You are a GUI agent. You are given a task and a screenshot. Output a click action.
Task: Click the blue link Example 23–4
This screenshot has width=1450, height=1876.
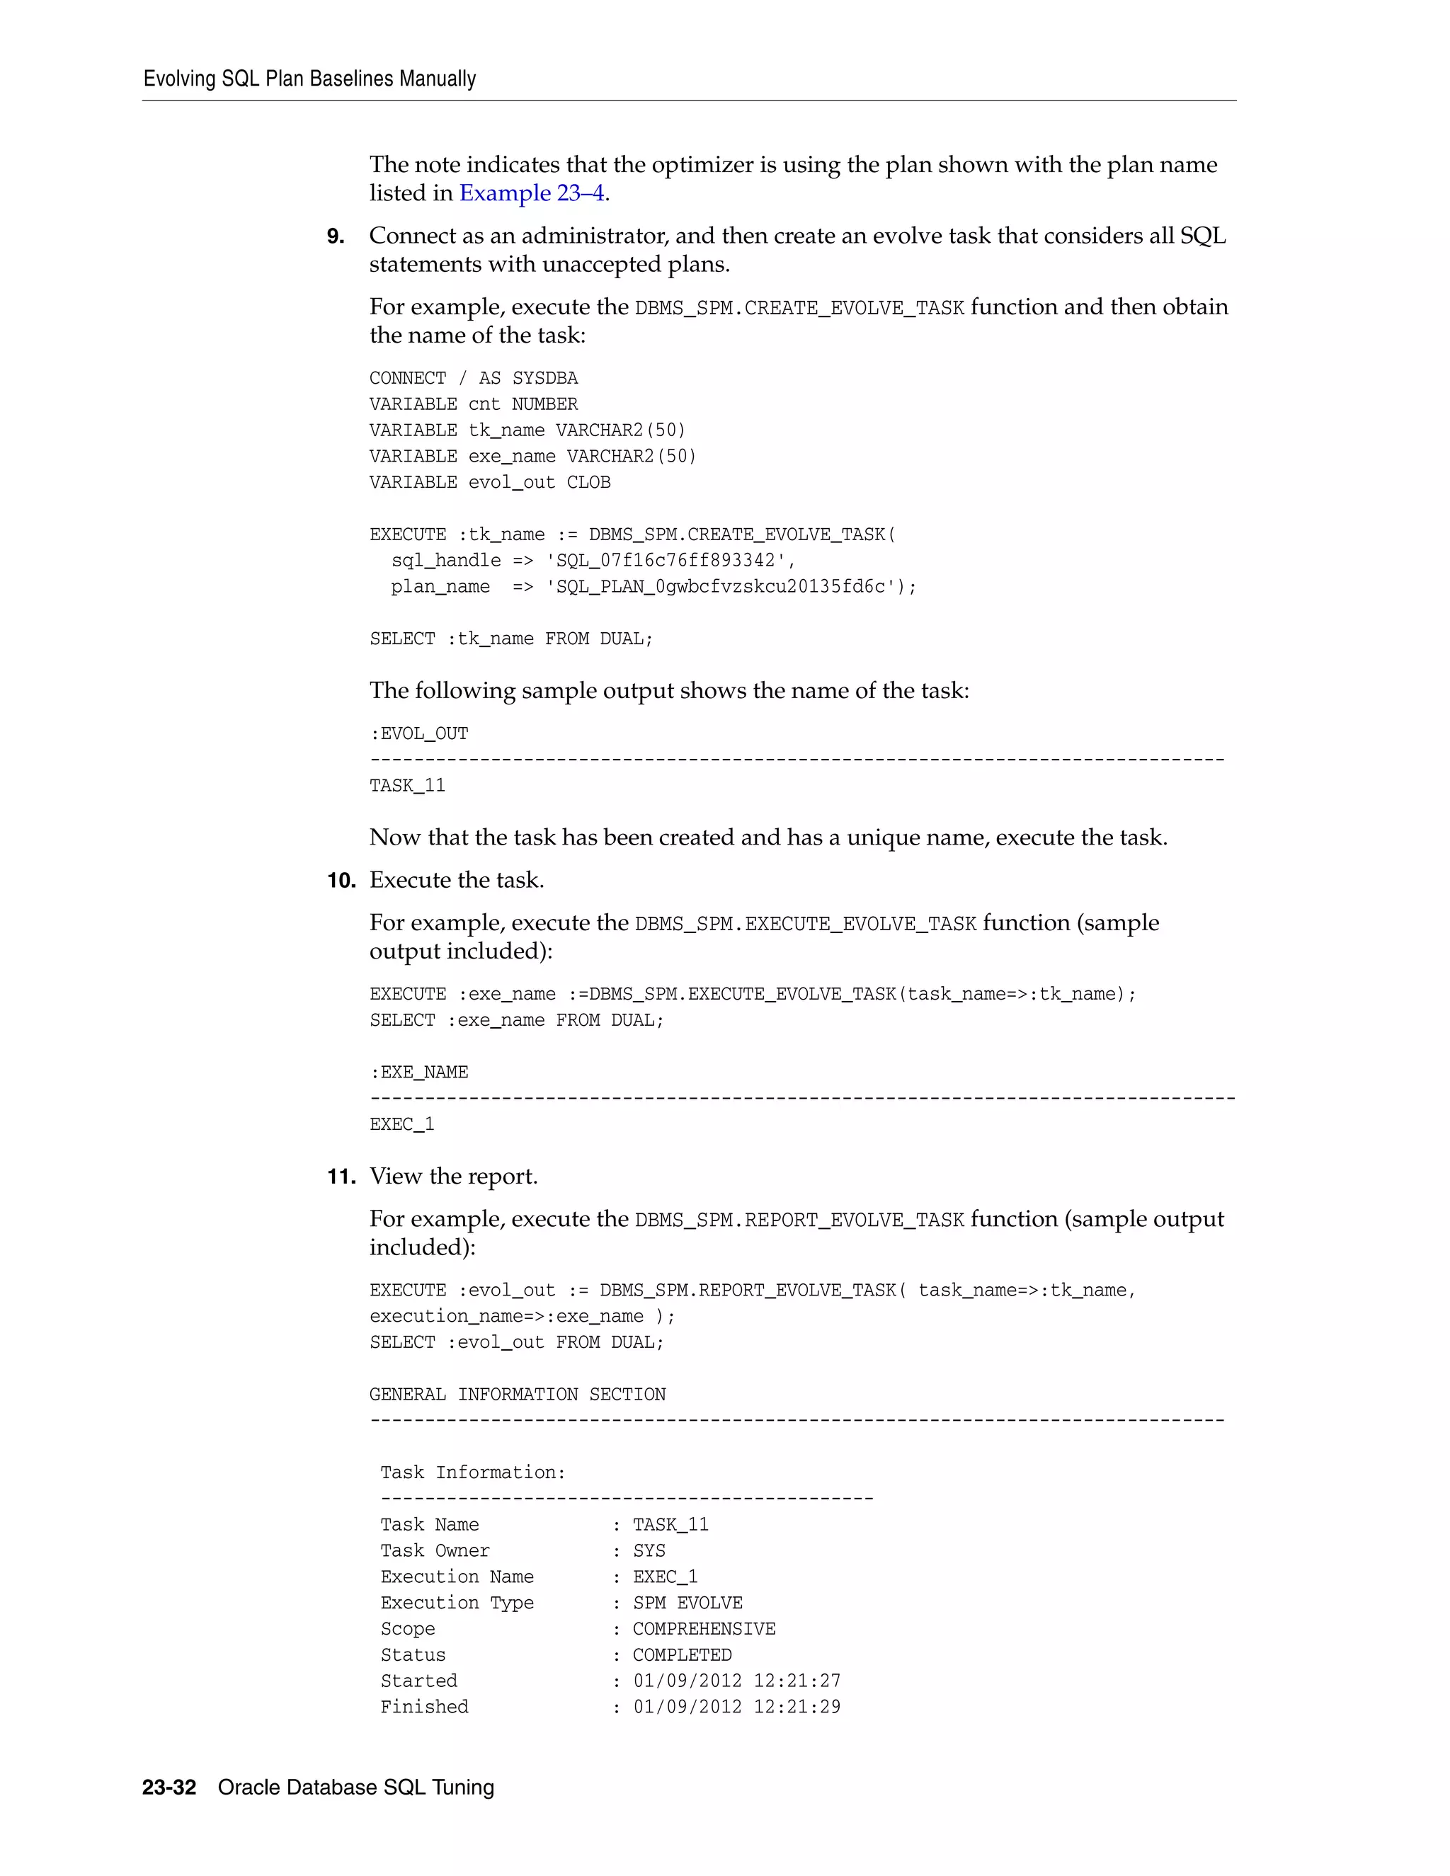(x=532, y=193)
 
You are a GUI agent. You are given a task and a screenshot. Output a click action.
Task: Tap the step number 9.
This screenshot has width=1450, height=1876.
(x=336, y=236)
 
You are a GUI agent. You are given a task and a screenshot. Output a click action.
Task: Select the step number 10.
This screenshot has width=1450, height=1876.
(x=341, y=881)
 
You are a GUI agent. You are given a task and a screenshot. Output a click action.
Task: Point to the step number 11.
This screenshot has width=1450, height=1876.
(x=341, y=1177)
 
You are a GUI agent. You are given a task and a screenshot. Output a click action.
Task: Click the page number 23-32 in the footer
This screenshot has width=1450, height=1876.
(x=169, y=1787)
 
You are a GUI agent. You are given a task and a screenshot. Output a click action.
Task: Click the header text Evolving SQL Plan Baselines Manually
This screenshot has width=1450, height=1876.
(x=309, y=79)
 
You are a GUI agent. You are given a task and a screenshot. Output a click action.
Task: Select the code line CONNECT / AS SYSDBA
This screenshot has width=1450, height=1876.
(x=474, y=379)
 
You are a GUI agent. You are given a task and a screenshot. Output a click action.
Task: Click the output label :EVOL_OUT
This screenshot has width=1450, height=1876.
(x=419, y=733)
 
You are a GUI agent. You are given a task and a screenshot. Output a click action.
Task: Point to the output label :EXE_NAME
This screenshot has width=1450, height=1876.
(x=419, y=1072)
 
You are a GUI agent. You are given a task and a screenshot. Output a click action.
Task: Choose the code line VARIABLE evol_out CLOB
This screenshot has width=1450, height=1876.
(x=490, y=483)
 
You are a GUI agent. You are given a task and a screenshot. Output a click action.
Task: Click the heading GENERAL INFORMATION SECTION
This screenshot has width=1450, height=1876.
(x=517, y=1394)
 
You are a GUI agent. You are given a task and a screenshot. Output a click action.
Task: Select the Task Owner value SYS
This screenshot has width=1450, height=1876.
(x=649, y=1550)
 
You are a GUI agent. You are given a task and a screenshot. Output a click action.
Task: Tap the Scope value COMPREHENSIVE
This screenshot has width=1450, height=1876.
(x=704, y=1629)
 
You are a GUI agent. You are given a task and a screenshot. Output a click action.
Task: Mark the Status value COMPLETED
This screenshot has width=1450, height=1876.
(x=682, y=1654)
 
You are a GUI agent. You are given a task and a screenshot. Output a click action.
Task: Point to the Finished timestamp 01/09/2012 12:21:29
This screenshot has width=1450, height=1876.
(x=736, y=1707)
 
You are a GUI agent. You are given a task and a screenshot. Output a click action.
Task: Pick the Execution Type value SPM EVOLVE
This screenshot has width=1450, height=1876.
(x=687, y=1603)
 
